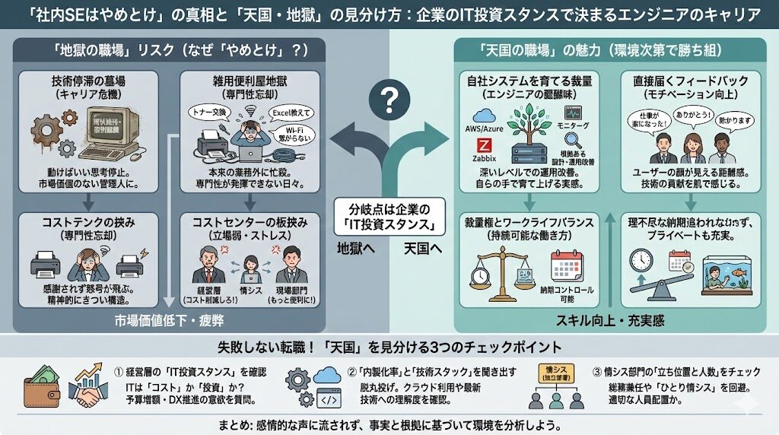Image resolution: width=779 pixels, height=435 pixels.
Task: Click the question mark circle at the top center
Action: pos(389,99)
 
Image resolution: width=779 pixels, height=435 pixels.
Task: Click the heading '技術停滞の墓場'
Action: pos(91,79)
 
